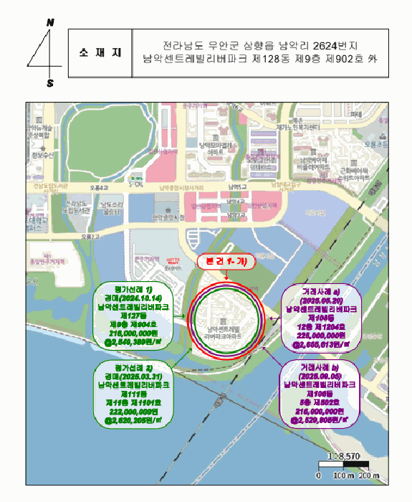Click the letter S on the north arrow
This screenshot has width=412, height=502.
tap(50, 83)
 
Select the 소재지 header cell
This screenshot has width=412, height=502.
tap(100, 53)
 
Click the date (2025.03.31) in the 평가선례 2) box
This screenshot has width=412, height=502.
tap(135, 376)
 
